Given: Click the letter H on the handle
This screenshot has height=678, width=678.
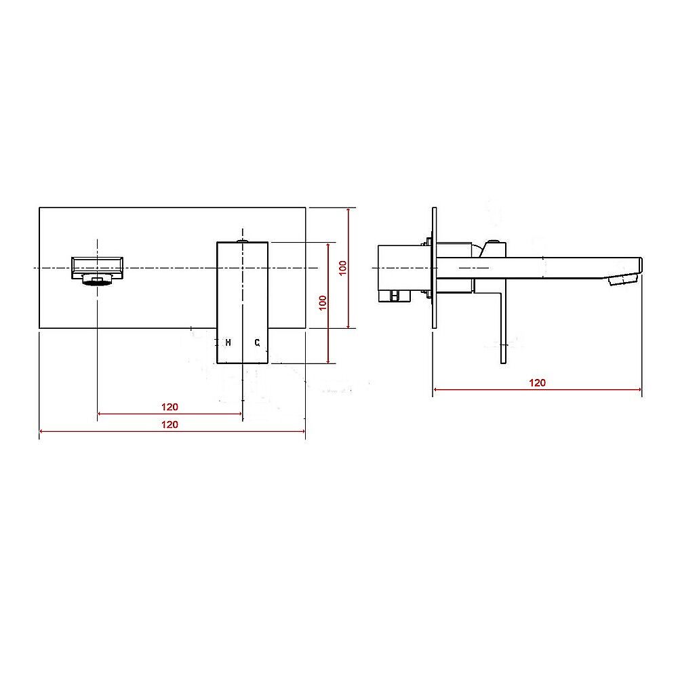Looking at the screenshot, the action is pos(228,343).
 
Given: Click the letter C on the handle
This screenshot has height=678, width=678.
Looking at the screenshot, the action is pos(257,343).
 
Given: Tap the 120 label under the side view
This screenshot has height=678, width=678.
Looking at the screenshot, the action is pos(537,382).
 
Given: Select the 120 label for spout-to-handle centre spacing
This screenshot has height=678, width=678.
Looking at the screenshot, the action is pos(169,407).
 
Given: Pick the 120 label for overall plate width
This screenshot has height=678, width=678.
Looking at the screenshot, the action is pos(169,424).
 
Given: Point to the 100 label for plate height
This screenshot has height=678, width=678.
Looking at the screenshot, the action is pos(343,268).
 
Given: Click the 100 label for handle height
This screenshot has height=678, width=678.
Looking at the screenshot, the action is pos(323,302).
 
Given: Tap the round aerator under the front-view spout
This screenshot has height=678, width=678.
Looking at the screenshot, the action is pos(97,281).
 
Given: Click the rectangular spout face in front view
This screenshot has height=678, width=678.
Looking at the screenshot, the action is pos(97,268).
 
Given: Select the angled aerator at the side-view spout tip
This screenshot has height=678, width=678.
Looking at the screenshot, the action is pos(623,279).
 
